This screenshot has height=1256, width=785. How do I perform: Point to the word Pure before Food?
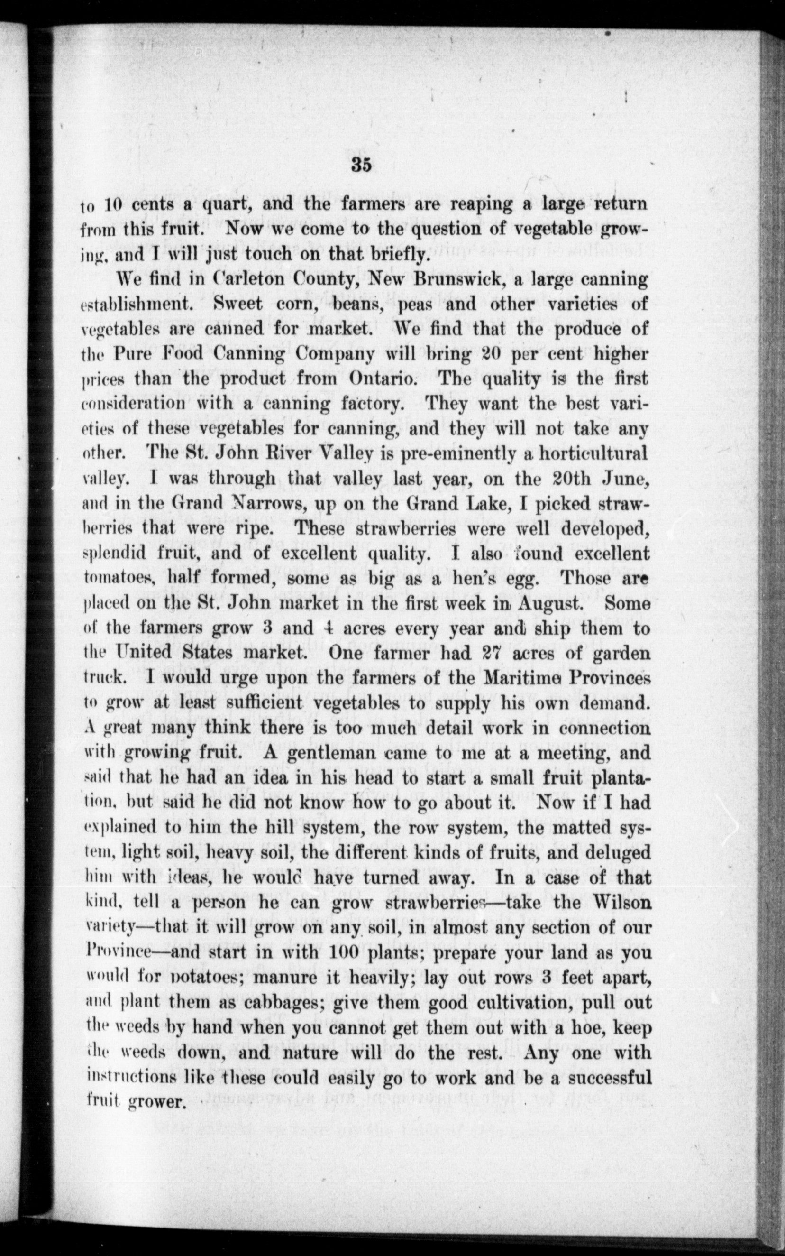(x=131, y=354)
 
